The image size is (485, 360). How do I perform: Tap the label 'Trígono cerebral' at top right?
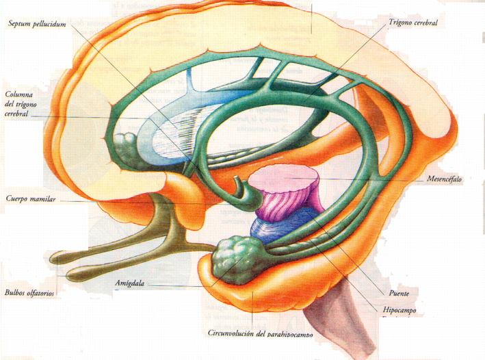[x=412, y=23]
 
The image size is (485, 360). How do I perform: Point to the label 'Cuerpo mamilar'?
[x=31, y=200]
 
